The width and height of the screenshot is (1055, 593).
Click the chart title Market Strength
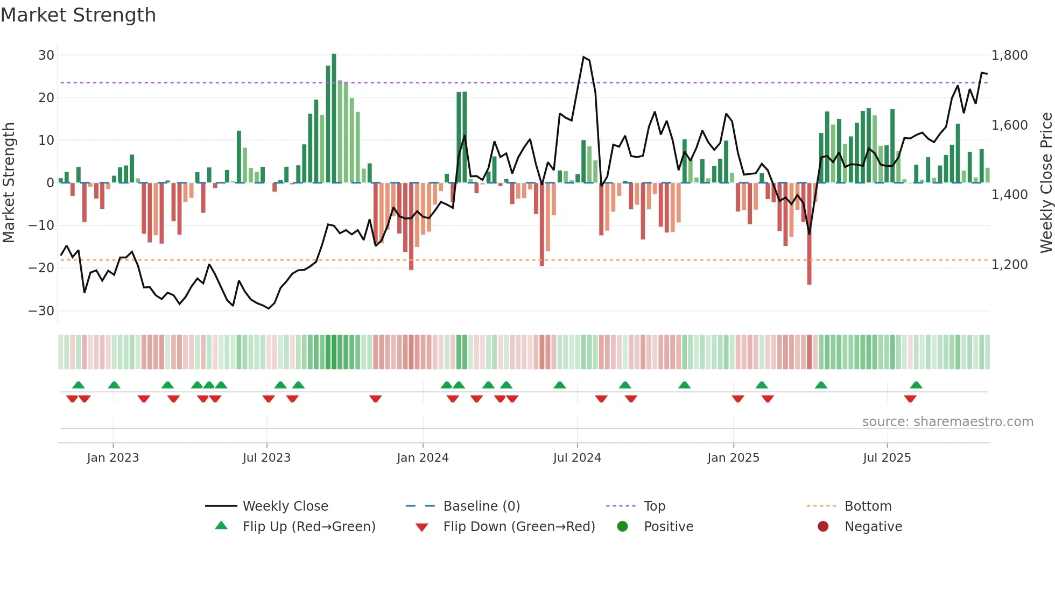point(78,15)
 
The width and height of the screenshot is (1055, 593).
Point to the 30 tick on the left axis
point(46,55)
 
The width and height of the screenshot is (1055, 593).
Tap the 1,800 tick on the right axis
point(1009,55)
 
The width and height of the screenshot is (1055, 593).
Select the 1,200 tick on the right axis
point(1009,264)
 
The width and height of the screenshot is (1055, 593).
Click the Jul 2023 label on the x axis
point(266,457)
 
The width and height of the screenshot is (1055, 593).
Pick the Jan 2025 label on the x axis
point(733,457)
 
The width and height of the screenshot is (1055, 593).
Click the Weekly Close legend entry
point(285,506)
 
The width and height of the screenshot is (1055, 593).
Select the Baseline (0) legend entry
point(481,506)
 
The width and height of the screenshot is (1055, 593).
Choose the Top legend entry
point(654,506)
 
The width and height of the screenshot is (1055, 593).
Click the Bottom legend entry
point(868,506)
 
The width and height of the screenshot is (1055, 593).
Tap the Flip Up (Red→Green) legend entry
point(308,526)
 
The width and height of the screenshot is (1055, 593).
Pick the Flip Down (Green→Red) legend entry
point(519,526)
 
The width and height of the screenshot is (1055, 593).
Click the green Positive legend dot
point(623,526)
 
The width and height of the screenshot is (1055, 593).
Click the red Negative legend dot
point(823,526)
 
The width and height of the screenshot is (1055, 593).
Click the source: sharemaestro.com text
point(947,421)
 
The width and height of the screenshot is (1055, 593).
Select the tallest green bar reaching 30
point(334,118)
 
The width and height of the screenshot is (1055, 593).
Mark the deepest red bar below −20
point(809,234)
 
